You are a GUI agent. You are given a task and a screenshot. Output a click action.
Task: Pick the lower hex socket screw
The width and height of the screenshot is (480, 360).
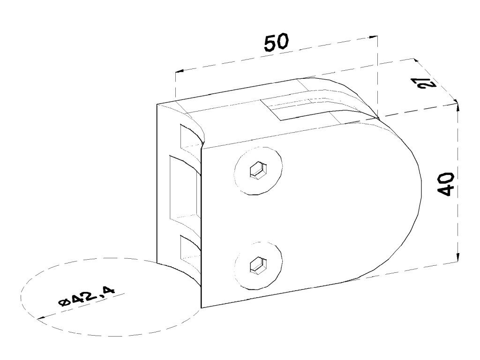(x=259, y=265)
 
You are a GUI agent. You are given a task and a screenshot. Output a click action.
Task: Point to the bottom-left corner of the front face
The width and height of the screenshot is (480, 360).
(x=201, y=307)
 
